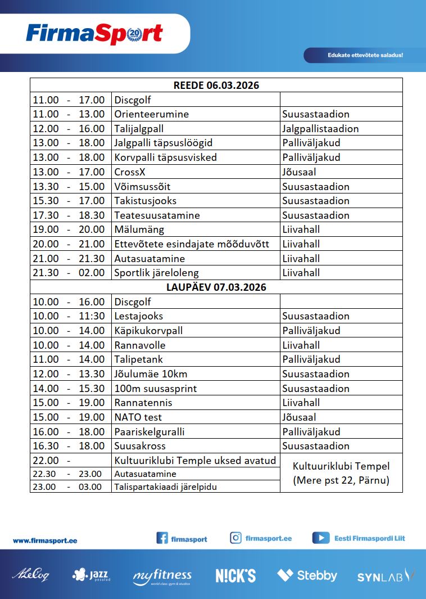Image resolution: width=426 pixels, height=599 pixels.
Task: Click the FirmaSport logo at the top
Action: (94, 34)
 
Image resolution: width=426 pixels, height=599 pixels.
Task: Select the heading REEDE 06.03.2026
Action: (216, 85)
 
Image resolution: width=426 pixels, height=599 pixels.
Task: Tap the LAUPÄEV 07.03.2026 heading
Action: (216, 287)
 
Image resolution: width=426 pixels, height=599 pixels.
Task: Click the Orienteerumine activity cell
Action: (152, 114)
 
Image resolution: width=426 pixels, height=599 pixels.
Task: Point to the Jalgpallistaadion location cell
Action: (320, 129)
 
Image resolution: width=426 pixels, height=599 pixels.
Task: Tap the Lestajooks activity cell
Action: (139, 316)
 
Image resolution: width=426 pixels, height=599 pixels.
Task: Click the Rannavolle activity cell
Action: (140, 345)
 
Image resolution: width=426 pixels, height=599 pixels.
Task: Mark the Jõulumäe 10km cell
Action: (151, 374)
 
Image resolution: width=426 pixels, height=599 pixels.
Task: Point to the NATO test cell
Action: (138, 417)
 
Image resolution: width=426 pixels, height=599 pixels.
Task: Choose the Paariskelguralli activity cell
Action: (149, 432)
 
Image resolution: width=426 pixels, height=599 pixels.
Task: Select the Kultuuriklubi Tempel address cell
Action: (341, 473)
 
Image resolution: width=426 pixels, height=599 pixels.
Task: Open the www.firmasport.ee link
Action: (45, 541)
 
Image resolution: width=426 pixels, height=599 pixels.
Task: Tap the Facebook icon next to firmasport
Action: (162, 538)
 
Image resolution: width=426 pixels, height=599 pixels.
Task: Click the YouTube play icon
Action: (321, 538)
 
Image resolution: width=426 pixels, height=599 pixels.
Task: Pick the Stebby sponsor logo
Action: (307, 575)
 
